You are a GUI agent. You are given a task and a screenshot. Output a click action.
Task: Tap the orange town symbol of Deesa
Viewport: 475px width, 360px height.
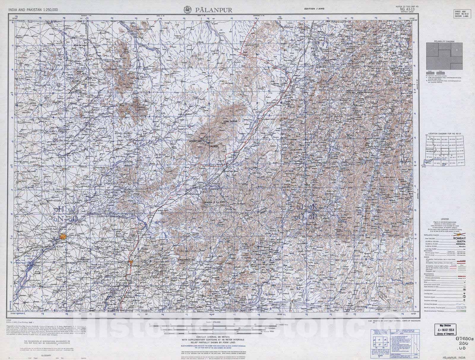63,237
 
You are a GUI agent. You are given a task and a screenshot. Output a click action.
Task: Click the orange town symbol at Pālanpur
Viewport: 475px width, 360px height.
132,262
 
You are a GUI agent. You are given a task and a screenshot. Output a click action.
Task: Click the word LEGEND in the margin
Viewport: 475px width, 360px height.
444,218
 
